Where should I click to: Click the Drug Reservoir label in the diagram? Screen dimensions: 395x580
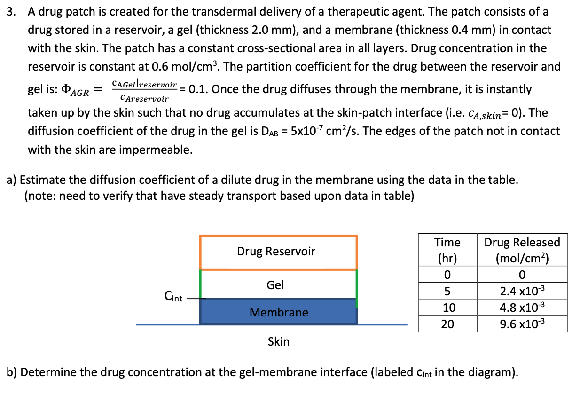(x=276, y=252)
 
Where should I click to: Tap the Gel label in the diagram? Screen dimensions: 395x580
(x=275, y=285)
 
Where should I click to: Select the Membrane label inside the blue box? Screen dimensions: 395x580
(x=279, y=312)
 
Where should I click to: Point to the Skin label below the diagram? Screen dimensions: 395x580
(x=279, y=341)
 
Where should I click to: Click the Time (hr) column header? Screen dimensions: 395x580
(x=447, y=250)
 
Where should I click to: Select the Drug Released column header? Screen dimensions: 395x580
(x=522, y=250)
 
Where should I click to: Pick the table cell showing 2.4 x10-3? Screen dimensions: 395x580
(x=522, y=291)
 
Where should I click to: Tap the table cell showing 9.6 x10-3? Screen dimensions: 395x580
(x=522, y=324)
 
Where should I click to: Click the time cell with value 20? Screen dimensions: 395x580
(x=447, y=324)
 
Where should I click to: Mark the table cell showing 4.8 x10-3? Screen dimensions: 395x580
(x=522, y=308)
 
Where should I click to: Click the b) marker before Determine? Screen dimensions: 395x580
(x=12, y=372)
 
